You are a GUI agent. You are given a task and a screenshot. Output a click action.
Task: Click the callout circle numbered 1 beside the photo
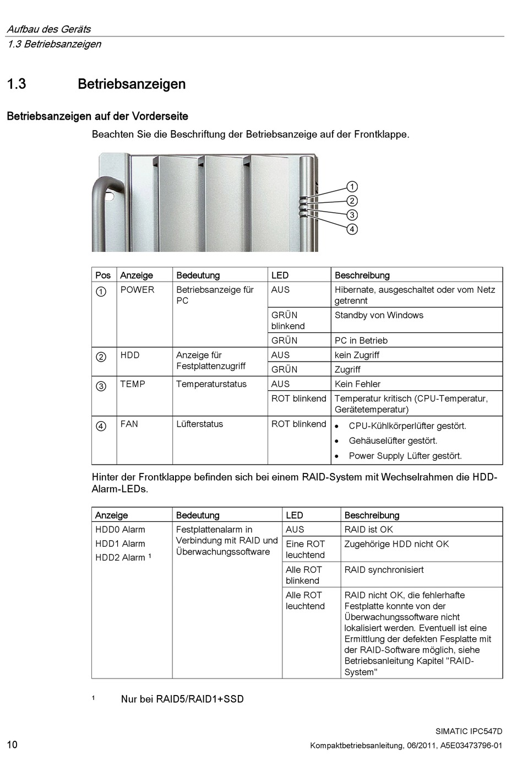[x=352, y=187]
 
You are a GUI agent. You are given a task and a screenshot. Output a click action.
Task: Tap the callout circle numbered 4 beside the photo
[x=352, y=229]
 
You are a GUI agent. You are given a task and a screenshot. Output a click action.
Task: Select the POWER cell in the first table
[x=137, y=290]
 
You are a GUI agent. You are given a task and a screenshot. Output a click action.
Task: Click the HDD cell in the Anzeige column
[x=130, y=356]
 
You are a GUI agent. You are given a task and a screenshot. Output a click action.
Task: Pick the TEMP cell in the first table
[x=133, y=384]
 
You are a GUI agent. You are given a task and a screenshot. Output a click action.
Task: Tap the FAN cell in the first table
[x=129, y=424]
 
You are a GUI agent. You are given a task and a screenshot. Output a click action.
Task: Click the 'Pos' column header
[x=103, y=276]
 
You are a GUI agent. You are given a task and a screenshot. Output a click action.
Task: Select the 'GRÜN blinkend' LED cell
[x=288, y=321]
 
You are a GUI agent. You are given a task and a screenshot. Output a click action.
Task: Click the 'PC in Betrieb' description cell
[x=361, y=341]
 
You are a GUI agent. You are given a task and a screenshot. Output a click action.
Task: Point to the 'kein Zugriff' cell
[x=357, y=356]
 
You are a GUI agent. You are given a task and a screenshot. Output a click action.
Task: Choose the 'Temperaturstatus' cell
[x=211, y=384]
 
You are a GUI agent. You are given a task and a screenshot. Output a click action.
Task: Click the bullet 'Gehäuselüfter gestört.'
[x=393, y=441]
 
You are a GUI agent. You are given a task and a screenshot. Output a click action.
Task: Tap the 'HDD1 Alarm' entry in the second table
[x=120, y=544]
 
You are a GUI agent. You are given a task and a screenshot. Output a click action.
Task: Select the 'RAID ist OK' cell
[x=369, y=530]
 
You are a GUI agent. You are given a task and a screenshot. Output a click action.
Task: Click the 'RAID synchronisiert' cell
[x=384, y=570]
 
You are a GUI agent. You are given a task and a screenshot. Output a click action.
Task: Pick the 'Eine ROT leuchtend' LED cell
[x=306, y=550]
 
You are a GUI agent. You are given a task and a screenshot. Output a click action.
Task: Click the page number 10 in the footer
[x=12, y=745]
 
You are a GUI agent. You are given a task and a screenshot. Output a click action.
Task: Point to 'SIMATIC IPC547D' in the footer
[x=469, y=731]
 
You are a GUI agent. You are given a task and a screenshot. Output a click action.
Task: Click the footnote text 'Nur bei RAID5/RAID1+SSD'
[x=182, y=699]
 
